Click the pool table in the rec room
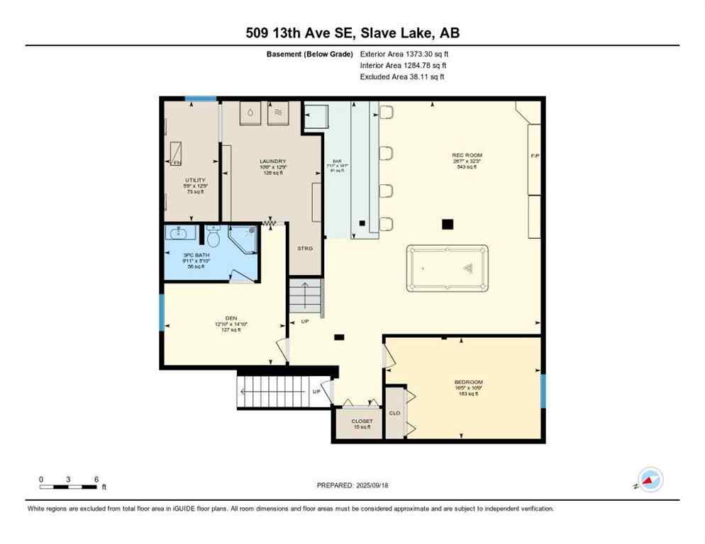click(447, 268)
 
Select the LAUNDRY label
click(272, 161)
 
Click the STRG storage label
click(304, 248)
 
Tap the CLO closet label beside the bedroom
click(394, 413)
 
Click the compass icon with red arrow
click(650, 480)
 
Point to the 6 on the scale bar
click(96, 479)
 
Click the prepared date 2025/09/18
click(352, 485)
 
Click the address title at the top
click(352, 33)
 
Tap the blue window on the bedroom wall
click(543, 391)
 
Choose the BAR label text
click(337, 161)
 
